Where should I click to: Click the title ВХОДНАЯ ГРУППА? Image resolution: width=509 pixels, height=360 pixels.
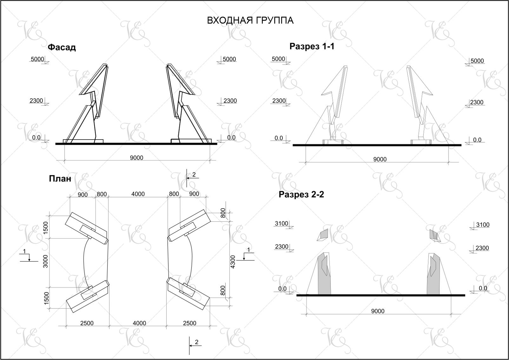250,20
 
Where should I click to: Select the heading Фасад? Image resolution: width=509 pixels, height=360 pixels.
62,47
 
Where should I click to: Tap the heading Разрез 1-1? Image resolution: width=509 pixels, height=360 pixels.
312,46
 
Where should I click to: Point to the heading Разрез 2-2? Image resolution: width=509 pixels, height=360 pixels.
301,194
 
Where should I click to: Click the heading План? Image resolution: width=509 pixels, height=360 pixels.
60,179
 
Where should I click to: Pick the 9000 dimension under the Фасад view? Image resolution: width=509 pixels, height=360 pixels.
136,158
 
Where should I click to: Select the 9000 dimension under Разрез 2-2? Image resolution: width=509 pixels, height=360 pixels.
378,311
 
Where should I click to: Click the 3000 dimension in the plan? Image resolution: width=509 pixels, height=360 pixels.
45,261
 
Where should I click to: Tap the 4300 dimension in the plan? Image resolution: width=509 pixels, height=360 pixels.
233,262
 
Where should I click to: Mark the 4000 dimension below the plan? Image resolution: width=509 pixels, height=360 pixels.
140,323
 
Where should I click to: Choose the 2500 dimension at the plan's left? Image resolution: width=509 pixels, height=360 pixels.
87,323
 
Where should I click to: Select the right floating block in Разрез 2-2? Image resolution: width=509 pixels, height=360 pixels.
435,235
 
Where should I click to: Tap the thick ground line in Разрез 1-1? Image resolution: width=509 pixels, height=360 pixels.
377,145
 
